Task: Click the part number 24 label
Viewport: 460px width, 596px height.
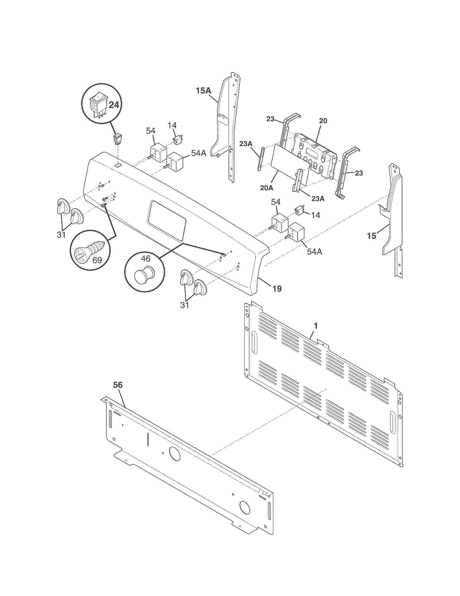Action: (x=114, y=105)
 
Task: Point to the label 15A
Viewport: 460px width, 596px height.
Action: (x=203, y=90)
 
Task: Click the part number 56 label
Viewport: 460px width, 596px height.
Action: (x=118, y=385)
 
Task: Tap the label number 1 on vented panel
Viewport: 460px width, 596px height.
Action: (x=316, y=326)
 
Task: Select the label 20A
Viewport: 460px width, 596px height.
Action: (x=267, y=188)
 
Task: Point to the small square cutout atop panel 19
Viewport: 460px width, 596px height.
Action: (x=118, y=165)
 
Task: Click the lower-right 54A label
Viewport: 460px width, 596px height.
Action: (x=314, y=251)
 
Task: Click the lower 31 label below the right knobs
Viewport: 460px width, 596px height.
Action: (x=185, y=305)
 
